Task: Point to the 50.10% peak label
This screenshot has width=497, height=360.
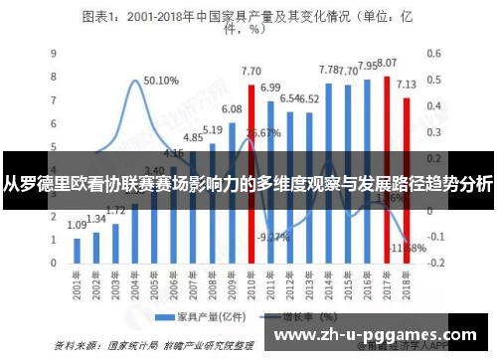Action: coord(161,81)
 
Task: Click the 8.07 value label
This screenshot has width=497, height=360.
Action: coord(388,63)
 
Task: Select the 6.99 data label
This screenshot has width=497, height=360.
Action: coord(269,88)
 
